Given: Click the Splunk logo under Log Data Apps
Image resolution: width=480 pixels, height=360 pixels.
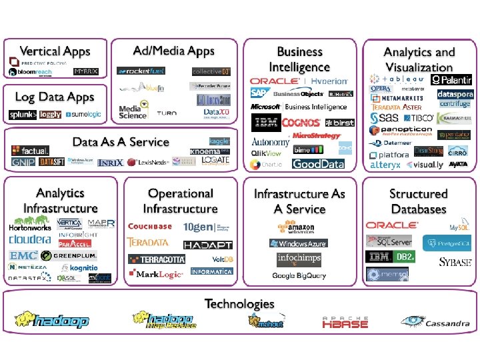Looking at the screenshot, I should [23, 115].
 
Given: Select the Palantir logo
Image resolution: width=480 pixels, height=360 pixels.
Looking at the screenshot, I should [451, 80].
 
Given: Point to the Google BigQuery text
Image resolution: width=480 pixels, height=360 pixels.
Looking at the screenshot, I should [298, 275].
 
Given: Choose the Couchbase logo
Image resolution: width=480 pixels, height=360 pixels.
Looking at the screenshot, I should [150, 227].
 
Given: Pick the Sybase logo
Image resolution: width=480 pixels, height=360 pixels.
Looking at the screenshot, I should [455, 262].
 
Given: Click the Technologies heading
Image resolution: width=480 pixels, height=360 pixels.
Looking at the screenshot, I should [239, 304].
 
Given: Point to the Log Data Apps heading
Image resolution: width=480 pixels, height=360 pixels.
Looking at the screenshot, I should [55, 97].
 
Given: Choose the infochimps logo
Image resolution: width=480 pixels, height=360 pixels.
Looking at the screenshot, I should [299, 259].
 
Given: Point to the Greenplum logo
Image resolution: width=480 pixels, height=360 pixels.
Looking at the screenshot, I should [69, 255].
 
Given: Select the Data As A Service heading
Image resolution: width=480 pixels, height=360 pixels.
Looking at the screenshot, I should [121, 142].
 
